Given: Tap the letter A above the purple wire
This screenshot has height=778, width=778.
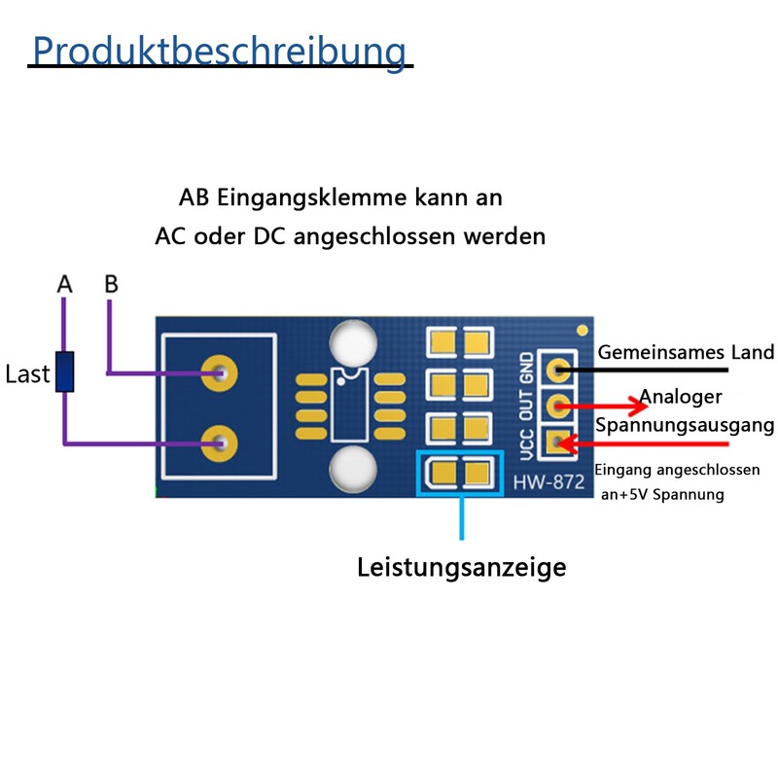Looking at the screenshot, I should point(65,284).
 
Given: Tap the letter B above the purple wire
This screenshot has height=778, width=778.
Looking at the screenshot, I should point(111,284).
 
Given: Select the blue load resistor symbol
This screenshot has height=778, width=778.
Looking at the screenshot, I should point(65,371).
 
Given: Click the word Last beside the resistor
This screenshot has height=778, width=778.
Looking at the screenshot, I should point(27,374).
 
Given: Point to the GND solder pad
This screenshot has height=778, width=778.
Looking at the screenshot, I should point(557,370).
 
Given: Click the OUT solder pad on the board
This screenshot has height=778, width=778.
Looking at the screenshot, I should point(557,407).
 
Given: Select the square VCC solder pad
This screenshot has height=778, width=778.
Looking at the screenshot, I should point(557,443).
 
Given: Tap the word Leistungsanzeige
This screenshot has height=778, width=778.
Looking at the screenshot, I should point(461,567).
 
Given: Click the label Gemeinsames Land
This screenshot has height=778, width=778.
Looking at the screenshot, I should point(685,352).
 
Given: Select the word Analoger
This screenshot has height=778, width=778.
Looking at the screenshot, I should point(681,397).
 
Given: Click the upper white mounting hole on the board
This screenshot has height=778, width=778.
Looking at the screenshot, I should point(353,341).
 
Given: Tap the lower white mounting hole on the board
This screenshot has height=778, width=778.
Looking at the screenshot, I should point(353,469).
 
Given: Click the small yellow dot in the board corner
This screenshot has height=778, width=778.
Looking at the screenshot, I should point(582,330).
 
